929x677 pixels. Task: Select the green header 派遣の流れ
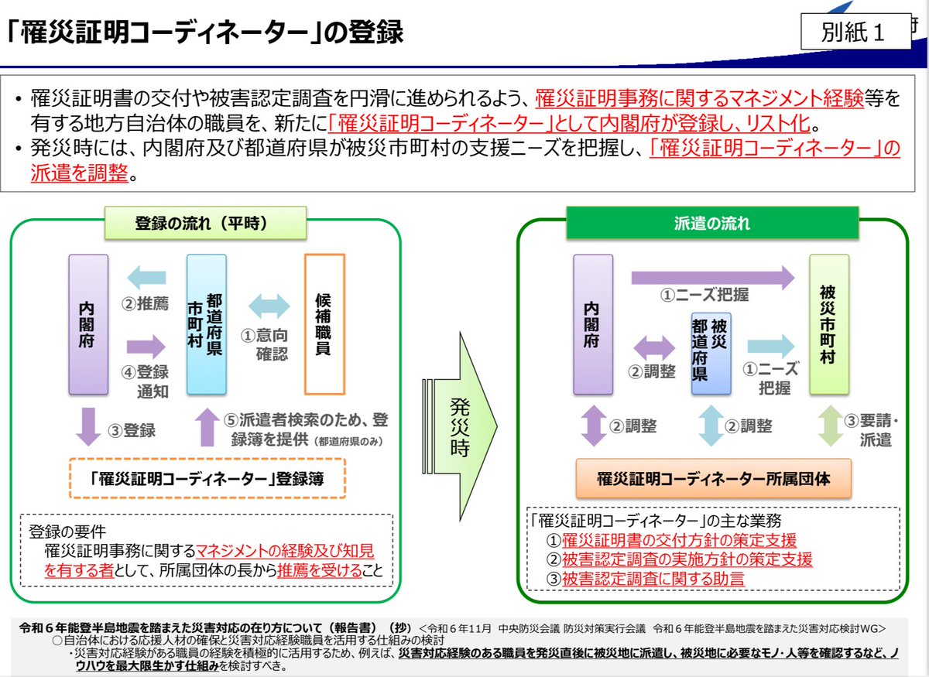pyautogui.click(x=712, y=224)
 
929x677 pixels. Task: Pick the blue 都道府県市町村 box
pyautogui.click(x=207, y=323)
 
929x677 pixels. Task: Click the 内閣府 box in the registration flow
pyautogui.click(x=87, y=323)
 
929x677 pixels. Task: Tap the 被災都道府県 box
pyautogui.click(x=711, y=354)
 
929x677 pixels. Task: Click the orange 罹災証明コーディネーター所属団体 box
pyautogui.click(x=713, y=480)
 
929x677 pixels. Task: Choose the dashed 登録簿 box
pyautogui.click(x=207, y=480)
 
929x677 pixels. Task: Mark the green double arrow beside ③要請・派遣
pyautogui.click(x=830, y=428)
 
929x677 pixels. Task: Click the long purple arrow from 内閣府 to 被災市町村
pyautogui.click(x=713, y=276)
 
